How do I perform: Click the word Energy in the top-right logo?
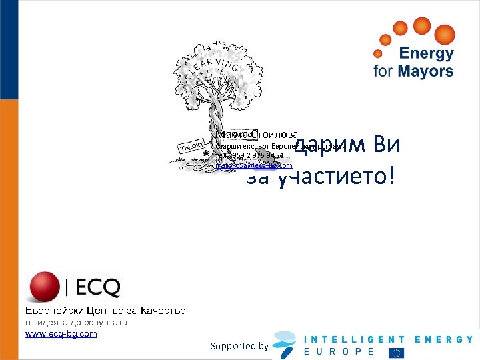click(x=426, y=54)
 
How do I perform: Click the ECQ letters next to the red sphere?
click(x=97, y=288)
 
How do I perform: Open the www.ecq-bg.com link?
click(x=61, y=333)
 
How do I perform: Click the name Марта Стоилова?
click(x=257, y=135)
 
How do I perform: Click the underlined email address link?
click(x=254, y=165)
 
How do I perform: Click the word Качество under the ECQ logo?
click(x=159, y=311)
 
